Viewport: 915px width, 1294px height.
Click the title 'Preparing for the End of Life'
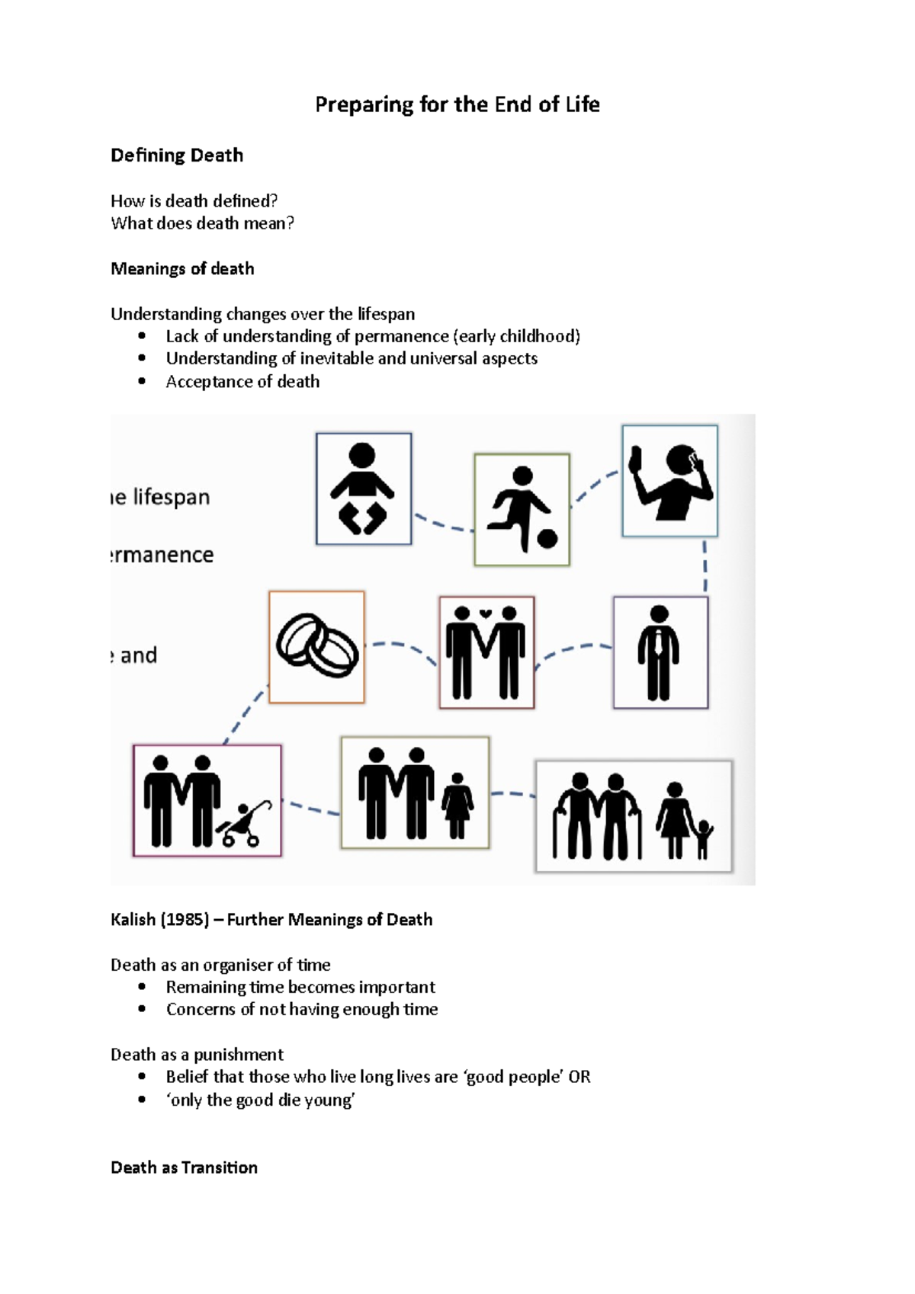tap(457, 104)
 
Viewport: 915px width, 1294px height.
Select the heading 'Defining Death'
tap(177, 155)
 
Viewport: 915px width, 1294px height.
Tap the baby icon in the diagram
tap(363, 488)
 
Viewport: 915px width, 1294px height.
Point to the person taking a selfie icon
tap(669, 481)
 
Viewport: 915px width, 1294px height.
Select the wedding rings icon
tap(316, 646)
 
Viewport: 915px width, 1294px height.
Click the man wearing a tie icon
tap(660, 653)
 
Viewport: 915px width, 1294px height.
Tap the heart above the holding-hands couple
tap(486, 613)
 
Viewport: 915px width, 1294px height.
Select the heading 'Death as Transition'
tap(184, 1167)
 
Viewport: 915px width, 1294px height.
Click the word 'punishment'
tap(239, 1055)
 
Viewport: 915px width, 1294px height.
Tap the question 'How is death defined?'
tap(194, 201)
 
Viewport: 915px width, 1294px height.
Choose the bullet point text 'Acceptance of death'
tap(242, 382)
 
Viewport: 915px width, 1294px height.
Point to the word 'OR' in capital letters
tap(579, 1077)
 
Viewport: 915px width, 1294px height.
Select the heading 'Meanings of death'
tap(182, 269)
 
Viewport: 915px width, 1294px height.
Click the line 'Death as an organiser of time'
tap(220, 965)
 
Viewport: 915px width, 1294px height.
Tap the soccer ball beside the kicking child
tap(547, 539)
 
